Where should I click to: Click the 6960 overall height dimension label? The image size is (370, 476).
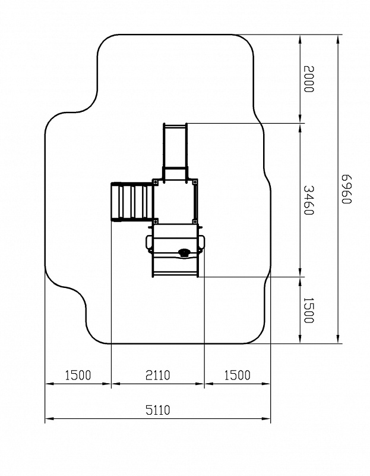(x=346, y=189)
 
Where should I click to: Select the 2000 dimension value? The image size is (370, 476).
(x=309, y=79)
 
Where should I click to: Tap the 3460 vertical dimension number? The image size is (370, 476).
(x=309, y=201)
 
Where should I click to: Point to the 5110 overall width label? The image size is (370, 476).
(x=158, y=410)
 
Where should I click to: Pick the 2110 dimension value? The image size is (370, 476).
(x=158, y=375)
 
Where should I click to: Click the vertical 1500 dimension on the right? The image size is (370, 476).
(x=309, y=310)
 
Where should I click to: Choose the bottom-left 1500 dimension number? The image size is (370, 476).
(x=78, y=375)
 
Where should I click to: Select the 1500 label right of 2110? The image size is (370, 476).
(x=238, y=375)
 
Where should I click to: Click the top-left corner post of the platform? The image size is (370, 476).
(x=156, y=182)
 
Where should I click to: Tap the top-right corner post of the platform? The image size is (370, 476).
(x=195, y=182)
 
